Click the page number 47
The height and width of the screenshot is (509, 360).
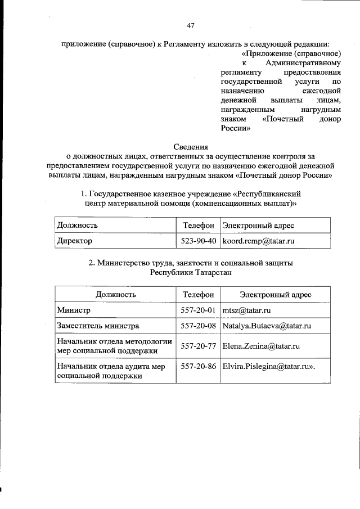191,25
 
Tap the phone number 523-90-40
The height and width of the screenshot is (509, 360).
197,241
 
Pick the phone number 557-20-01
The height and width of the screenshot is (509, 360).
198,310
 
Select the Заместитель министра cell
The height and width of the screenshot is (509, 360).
97,326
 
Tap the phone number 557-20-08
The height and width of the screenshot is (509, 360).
198,326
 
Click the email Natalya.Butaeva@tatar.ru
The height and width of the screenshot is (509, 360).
267,326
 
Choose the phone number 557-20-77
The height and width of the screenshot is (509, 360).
198,346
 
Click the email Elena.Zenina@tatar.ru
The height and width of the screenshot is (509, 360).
260,346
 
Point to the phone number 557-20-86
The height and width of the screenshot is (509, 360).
198,366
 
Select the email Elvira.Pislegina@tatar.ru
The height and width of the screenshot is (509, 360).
268,366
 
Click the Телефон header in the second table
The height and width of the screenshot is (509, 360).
198,294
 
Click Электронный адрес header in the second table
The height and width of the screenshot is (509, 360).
276,294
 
